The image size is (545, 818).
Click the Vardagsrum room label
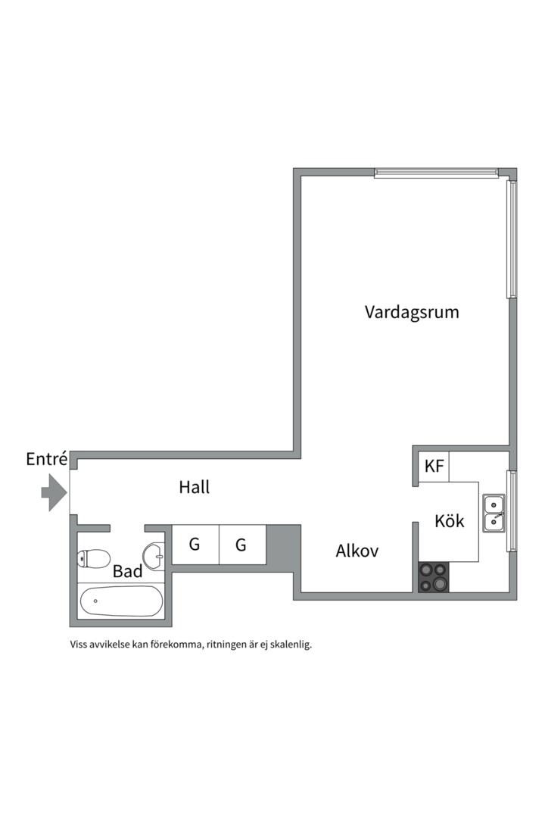coord(412,312)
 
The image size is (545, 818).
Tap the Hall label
coord(195,487)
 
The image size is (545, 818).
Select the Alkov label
coord(357,551)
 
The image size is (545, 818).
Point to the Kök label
coord(450,521)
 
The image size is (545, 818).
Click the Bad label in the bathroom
coord(127,571)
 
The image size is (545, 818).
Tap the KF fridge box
coord(434,467)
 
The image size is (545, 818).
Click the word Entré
coord(47,459)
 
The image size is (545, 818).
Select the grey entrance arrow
coord(54,492)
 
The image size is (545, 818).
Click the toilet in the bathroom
coord(93,559)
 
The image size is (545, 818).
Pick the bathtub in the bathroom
coord(121,601)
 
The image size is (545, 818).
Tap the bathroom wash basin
coord(154,557)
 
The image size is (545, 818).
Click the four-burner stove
coord(434,577)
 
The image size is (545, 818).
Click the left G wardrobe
coord(195,545)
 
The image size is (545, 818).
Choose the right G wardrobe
coord(242,545)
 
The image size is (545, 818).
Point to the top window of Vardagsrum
coord(437,173)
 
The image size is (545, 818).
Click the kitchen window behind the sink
coord(512,510)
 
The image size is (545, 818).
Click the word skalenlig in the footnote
coord(289,645)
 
